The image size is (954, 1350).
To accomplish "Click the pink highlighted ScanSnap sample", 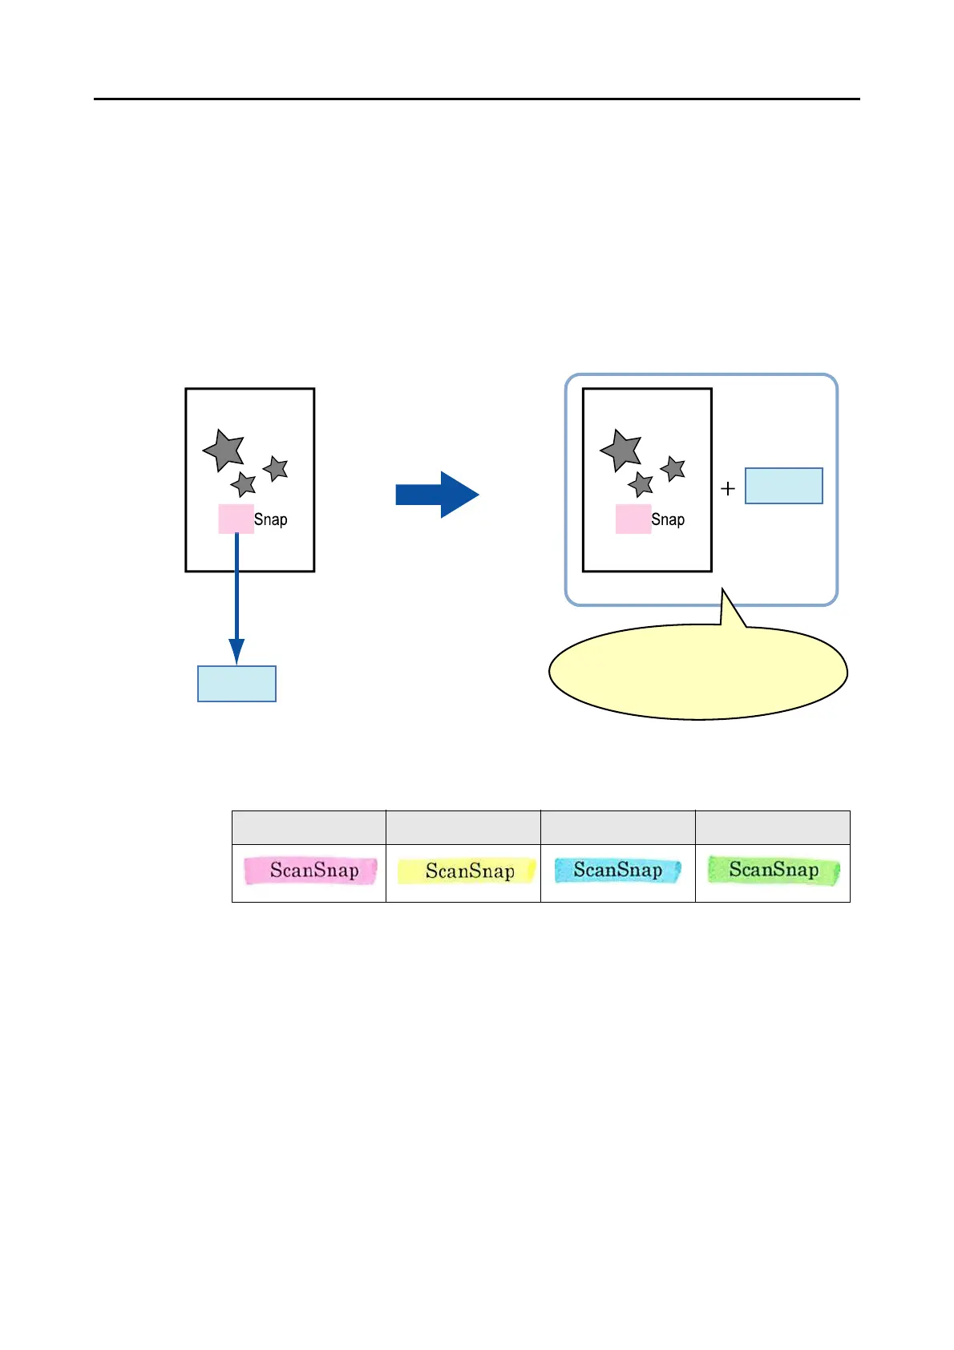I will tap(311, 871).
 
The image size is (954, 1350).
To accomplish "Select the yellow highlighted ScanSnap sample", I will tap(467, 871).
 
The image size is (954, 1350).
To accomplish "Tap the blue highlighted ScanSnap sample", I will tap(617, 871).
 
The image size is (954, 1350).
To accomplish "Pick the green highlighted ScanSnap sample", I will tap(773, 871).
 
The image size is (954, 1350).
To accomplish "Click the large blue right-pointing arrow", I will tap(437, 495).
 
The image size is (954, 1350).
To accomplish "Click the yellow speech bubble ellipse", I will tap(697, 673).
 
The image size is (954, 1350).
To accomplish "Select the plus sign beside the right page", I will tap(728, 488).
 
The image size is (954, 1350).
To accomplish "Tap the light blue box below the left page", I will tap(236, 684).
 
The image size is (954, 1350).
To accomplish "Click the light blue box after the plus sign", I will tap(783, 486).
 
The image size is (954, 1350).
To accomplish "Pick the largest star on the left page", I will tap(224, 450).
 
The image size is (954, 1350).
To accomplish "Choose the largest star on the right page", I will tap(621, 450).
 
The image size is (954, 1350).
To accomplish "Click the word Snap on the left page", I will tap(271, 519).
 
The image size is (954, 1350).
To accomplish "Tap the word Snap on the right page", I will tap(668, 519).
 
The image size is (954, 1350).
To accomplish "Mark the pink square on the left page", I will tap(236, 519).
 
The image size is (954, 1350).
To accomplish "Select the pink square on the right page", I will tap(633, 519).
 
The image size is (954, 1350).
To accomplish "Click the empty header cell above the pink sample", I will tap(309, 827).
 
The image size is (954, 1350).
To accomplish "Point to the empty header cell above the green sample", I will tap(772, 827).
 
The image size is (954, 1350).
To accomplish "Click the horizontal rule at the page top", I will tap(476, 99).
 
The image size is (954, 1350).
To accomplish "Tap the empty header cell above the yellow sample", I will tap(463, 827).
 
